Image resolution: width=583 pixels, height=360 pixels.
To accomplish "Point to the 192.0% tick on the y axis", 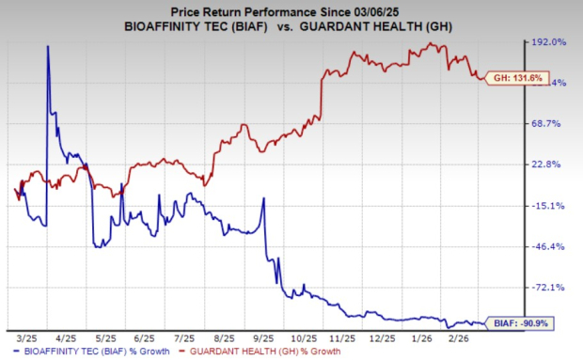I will [x=550, y=42].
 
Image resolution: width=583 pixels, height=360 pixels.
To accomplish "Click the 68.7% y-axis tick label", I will [x=550, y=124].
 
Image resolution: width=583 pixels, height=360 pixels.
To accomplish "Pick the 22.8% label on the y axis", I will [x=550, y=164].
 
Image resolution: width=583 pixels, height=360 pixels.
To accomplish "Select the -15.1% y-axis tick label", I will [x=550, y=206].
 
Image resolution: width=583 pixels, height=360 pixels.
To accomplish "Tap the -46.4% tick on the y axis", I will [x=550, y=246].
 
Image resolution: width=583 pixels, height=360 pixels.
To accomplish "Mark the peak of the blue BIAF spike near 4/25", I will [x=48, y=46].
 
